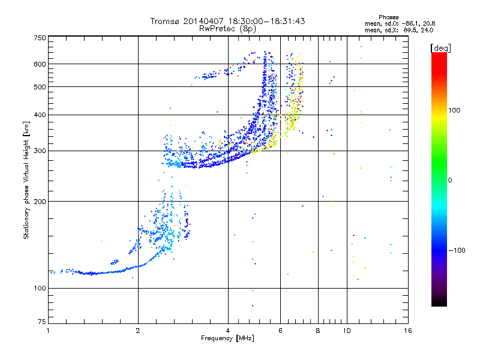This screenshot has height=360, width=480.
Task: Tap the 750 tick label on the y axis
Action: [x=40, y=38]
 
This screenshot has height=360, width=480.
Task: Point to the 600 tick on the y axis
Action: [x=40, y=64]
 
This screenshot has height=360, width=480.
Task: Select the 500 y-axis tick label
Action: [x=40, y=87]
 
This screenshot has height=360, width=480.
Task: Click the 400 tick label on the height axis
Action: [x=40, y=115]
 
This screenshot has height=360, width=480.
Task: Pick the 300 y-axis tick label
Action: [x=40, y=151]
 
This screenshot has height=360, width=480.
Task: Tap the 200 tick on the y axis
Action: [x=40, y=201]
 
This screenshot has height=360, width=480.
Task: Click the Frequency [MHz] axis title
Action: [x=227, y=339]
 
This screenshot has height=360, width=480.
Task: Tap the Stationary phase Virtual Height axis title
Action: [x=26, y=181]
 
